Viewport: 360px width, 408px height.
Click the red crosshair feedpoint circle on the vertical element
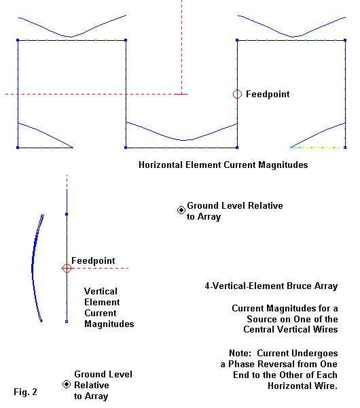click(x=67, y=268)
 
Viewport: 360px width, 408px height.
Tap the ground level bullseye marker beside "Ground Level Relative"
click(x=181, y=210)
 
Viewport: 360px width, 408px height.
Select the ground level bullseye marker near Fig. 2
click(x=67, y=384)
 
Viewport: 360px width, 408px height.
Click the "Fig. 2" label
click(x=26, y=392)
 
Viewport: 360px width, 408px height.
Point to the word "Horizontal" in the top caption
click(x=160, y=165)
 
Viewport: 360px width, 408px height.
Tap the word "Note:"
click(x=240, y=353)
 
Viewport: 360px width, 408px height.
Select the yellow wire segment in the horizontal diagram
click(x=323, y=148)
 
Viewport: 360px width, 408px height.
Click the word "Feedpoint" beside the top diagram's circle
click(x=268, y=94)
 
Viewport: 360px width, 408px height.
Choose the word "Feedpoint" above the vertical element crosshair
click(x=93, y=260)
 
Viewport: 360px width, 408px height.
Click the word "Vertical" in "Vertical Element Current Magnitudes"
click(x=101, y=291)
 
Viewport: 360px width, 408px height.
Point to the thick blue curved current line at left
click(x=33, y=268)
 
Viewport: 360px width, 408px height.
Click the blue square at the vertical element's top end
click(x=67, y=214)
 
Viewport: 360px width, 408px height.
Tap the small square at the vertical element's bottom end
click(x=67, y=322)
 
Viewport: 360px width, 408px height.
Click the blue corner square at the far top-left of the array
click(x=18, y=40)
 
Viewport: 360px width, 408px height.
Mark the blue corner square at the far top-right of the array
click(x=345, y=40)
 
